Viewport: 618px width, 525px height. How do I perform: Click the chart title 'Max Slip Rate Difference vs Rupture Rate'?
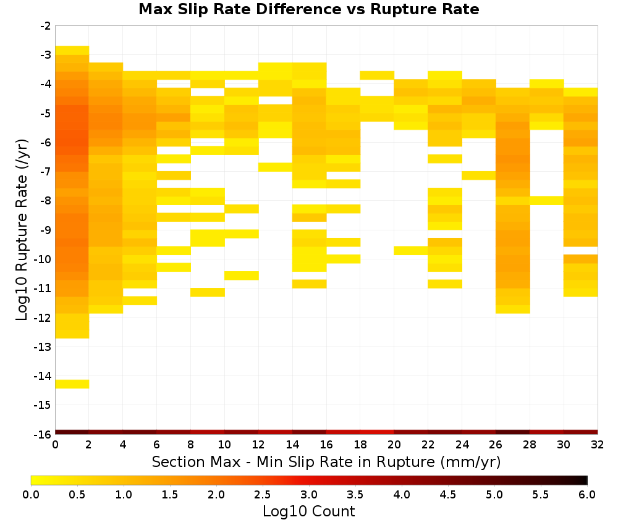pyautogui.click(x=308, y=9)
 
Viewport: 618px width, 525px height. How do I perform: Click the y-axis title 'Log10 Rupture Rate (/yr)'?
pyautogui.click(x=22, y=230)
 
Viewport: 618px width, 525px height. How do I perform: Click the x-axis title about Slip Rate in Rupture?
pyautogui.click(x=326, y=461)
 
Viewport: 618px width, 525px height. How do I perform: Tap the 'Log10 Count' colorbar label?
pyautogui.click(x=308, y=511)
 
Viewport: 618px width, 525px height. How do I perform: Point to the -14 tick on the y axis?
pyautogui.click(x=43, y=376)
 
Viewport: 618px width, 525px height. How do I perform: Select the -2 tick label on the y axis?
pyautogui.click(x=46, y=27)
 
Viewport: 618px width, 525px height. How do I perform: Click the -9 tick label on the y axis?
pyautogui.click(x=46, y=230)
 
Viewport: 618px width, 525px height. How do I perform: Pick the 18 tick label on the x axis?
pyautogui.click(x=360, y=445)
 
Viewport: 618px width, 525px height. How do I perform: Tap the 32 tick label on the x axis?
pyautogui.click(x=598, y=445)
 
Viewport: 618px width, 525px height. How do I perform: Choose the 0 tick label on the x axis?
pyautogui.click(x=55, y=445)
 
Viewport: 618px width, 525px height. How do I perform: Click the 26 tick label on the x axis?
pyautogui.click(x=496, y=445)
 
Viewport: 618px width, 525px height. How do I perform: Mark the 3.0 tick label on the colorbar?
pyautogui.click(x=309, y=494)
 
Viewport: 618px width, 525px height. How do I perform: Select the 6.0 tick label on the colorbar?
pyautogui.click(x=587, y=494)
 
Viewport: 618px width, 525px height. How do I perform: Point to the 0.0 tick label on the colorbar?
pyautogui.click(x=31, y=494)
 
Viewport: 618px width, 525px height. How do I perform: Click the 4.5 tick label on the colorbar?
pyautogui.click(x=448, y=494)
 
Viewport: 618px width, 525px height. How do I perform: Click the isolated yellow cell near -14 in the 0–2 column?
pyautogui.click(x=72, y=384)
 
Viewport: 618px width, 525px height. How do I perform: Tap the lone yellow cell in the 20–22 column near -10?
pyautogui.click(x=411, y=251)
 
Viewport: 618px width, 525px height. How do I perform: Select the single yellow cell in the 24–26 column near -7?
pyautogui.click(x=479, y=175)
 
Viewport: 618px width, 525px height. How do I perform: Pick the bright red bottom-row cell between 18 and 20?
pyautogui.click(x=377, y=432)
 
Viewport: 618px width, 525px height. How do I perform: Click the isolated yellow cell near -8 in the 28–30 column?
pyautogui.click(x=547, y=201)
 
